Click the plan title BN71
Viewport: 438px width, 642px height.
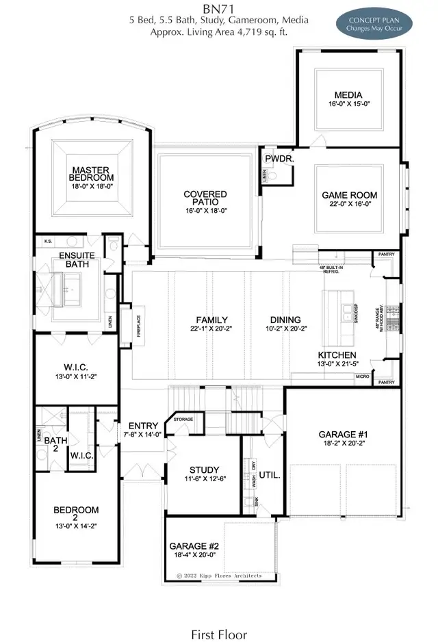(219, 8)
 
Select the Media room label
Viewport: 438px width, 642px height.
(348, 94)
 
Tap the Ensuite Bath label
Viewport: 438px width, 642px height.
(77, 260)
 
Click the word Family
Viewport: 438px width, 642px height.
(211, 320)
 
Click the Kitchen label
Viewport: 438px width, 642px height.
(337, 355)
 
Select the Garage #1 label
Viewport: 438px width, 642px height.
(344, 434)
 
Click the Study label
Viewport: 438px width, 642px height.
(203, 470)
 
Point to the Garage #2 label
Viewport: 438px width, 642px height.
(194, 545)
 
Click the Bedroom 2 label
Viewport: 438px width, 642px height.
(77, 514)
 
